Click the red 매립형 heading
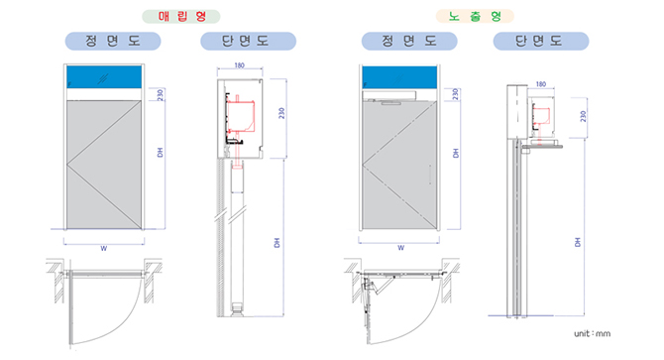(x=181, y=17)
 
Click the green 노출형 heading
(x=475, y=17)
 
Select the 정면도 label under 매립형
(x=113, y=41)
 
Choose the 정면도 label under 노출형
(x=409, y=41)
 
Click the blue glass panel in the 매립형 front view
(x=104, y=77)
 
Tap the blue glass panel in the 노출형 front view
(x=399, y=77)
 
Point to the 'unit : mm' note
(x=592, y=334)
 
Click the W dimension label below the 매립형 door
(x=104, y=248)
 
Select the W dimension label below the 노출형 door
(x=401, y=248)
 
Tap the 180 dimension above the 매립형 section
(x=239, y=65)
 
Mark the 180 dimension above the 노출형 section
(x=541, y=84)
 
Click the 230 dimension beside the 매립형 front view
(x=161, y=94)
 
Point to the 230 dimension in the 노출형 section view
(x=583, y=116)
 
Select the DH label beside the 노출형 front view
(x=456, y=154)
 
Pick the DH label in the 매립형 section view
(x=277, y=243)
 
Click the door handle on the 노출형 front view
(x=430, y=175)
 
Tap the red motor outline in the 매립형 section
(x=241, y=116)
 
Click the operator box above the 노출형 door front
(x=389, y=96)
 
